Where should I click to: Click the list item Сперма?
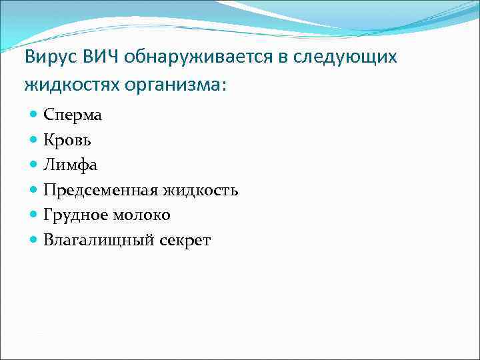73,115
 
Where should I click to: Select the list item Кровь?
68,141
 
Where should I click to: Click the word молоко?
141,215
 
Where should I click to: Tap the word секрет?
185,241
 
